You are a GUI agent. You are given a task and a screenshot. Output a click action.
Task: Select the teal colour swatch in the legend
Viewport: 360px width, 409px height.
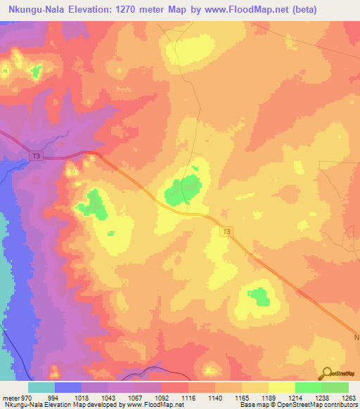point(41,387)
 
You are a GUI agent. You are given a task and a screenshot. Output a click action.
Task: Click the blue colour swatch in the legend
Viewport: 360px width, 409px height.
point(68,387)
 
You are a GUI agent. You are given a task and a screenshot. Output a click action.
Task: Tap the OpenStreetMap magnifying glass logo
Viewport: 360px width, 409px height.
point(326,374)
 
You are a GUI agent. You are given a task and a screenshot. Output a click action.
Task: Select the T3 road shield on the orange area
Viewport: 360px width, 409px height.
point(226,231)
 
